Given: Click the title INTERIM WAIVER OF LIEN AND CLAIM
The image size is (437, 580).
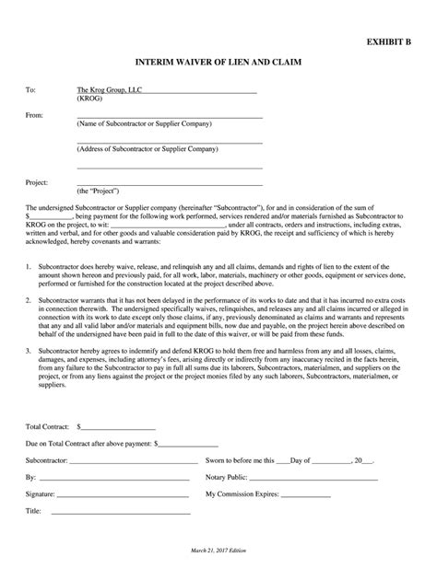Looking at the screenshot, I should [x=218, y=63].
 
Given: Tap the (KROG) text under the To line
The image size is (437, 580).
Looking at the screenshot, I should [x=90, y=99].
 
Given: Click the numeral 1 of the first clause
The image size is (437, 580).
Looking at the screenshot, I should [x=28, y=264].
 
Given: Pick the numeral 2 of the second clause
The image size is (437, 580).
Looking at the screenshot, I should [x=28, y=301].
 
